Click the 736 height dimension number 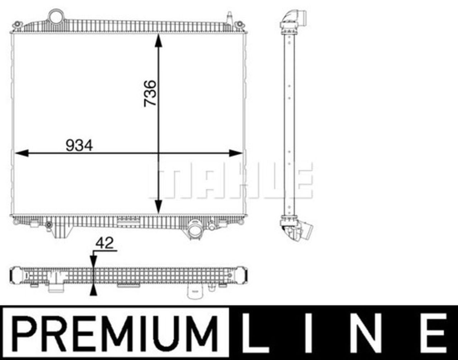(150, 93)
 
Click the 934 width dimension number (79, 146)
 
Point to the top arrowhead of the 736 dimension (158, 40)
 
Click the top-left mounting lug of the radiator (17, 25)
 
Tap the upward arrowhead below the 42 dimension (93, 290)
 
